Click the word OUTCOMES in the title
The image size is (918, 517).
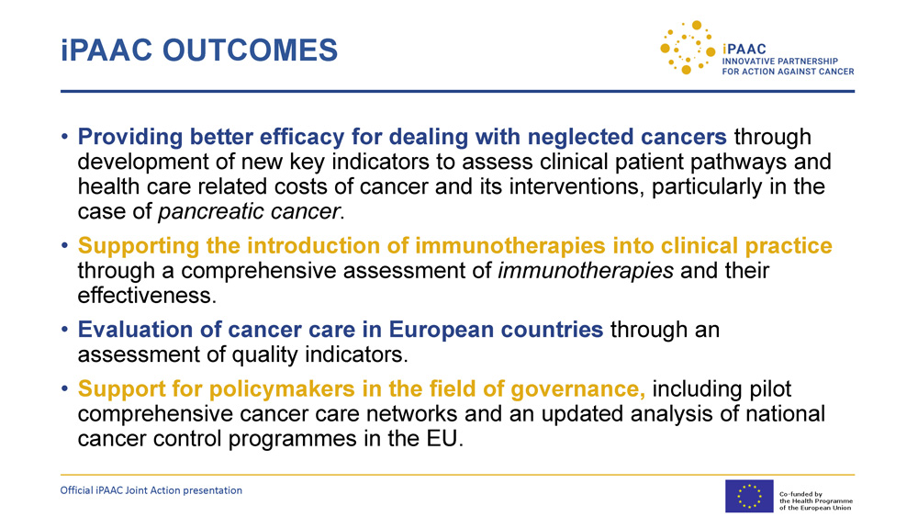pos(250,50)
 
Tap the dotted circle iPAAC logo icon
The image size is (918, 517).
pos(688,48)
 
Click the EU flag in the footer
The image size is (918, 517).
pos(749,496)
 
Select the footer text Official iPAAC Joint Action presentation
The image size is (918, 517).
pos(151,490)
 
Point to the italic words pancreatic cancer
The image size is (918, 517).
pos(249,211)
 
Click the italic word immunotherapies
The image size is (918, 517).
pos(586,271)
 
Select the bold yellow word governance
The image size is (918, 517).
pos(577,389)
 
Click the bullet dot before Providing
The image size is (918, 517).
pos(64,137)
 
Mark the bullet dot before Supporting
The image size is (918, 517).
pos(64,246)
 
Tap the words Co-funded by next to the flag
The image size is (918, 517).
pos(800,494)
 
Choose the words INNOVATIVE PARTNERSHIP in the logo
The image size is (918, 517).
pos(779,61)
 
